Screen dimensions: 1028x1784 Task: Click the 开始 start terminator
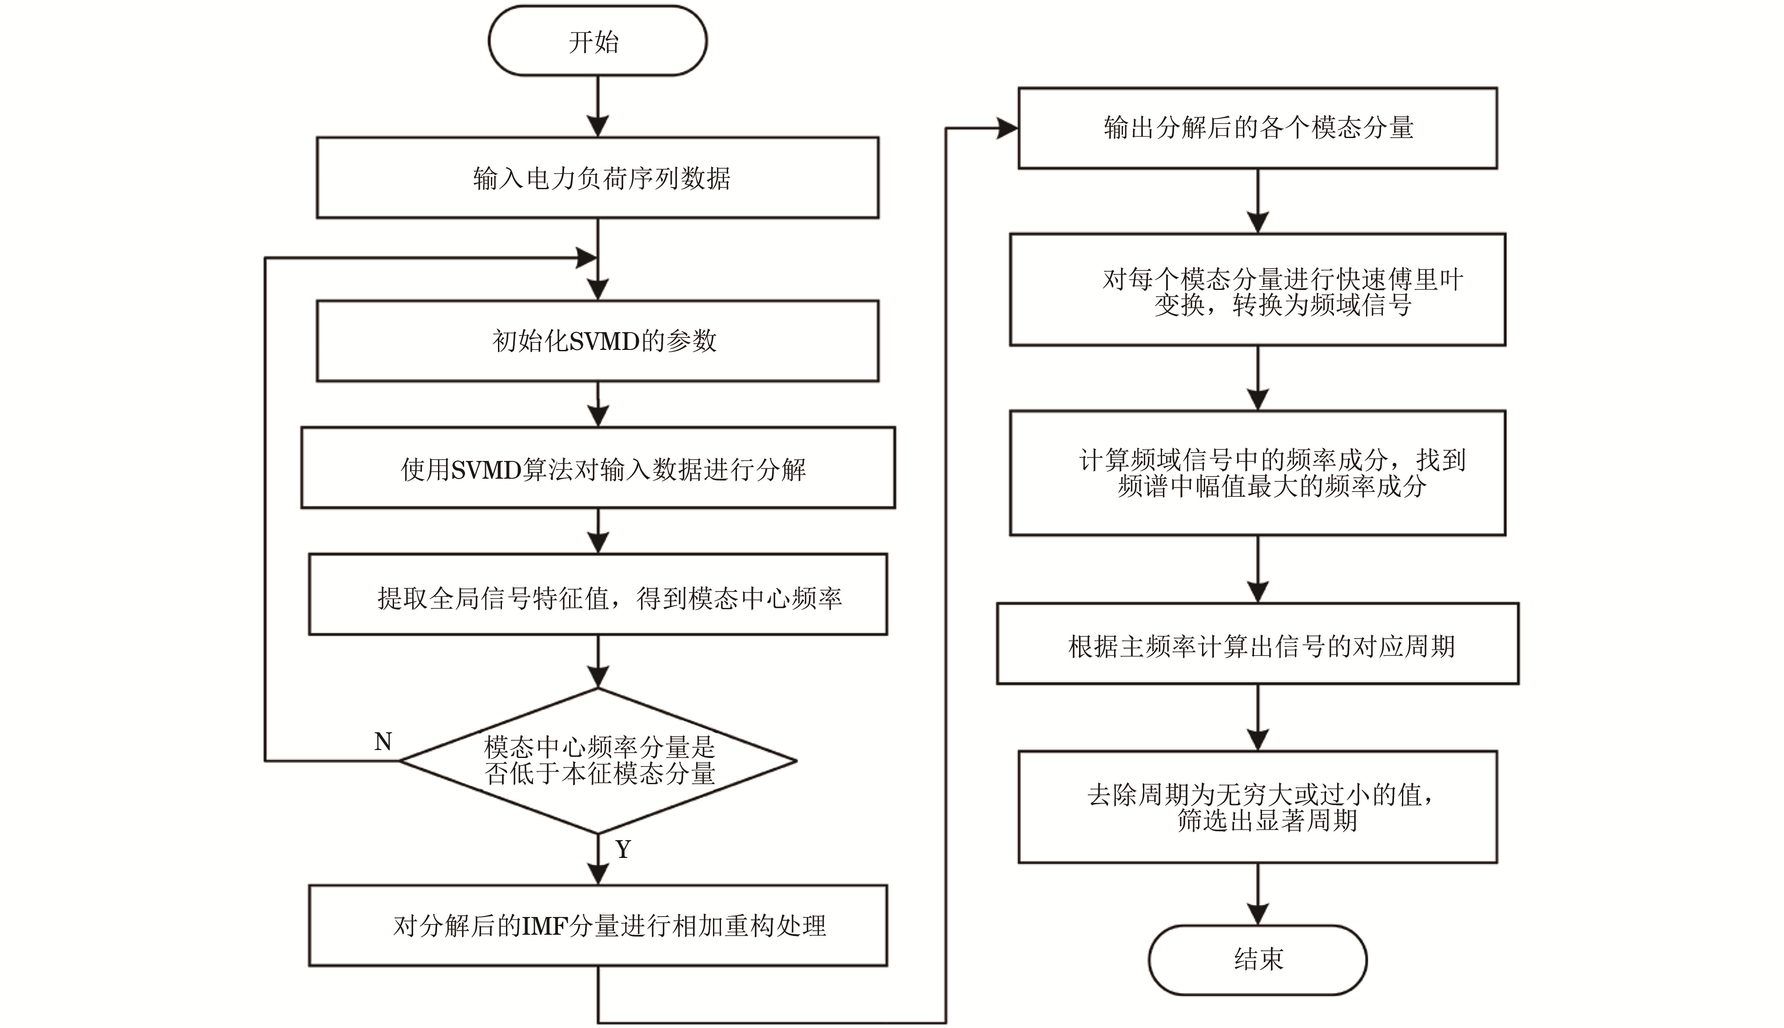pyautogui.click(x=597, y=41)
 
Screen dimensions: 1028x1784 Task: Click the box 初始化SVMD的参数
pyautogui.click(x=597, y=341)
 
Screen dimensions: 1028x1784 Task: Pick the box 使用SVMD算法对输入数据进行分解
pyautogui.click(x=597, y=468)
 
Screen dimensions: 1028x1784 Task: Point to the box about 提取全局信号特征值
pyautogui.click(x=597, y=595)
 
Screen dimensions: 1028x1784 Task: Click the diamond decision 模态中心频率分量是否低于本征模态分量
pyautogui.click(x=598, y=760)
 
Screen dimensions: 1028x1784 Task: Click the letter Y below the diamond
pyautogui.click(x=623, y=849)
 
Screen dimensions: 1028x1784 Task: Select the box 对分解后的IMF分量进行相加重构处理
pyautogui.click(x=597, y=925)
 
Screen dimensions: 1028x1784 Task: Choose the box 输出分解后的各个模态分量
pyautogui.click(x=1257, y=128)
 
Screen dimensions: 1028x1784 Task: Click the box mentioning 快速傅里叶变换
pyautogui.click(x=1257, y=290)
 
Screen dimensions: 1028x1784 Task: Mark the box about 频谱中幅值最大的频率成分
pyautogui.click(x=1257, y=472)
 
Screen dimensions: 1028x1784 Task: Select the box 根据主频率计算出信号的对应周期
pyautogui.click(x=1257, y=644)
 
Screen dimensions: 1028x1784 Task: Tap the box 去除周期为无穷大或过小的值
pyautogui.click(x=1257, y=807)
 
